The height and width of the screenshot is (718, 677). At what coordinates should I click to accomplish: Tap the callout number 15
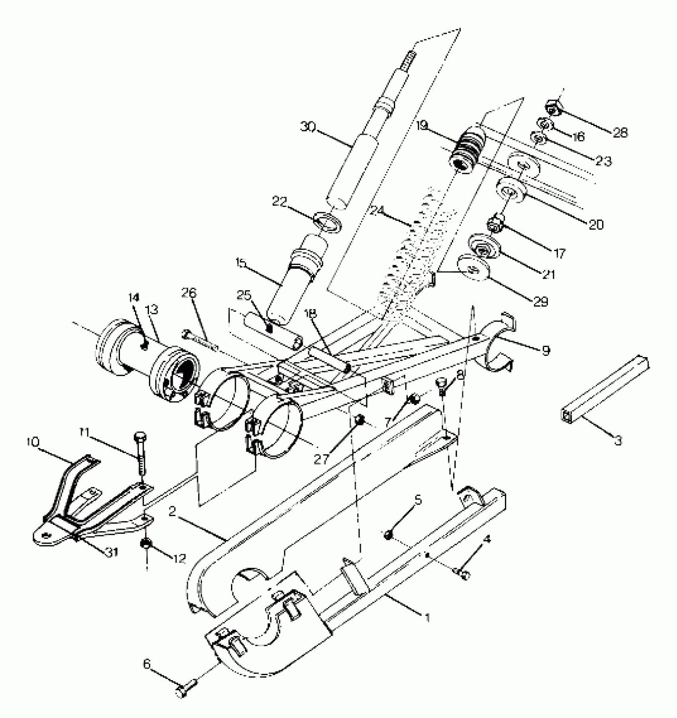[x=241, y=263]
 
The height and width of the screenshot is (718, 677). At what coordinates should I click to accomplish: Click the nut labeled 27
[x=360, y=420]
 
